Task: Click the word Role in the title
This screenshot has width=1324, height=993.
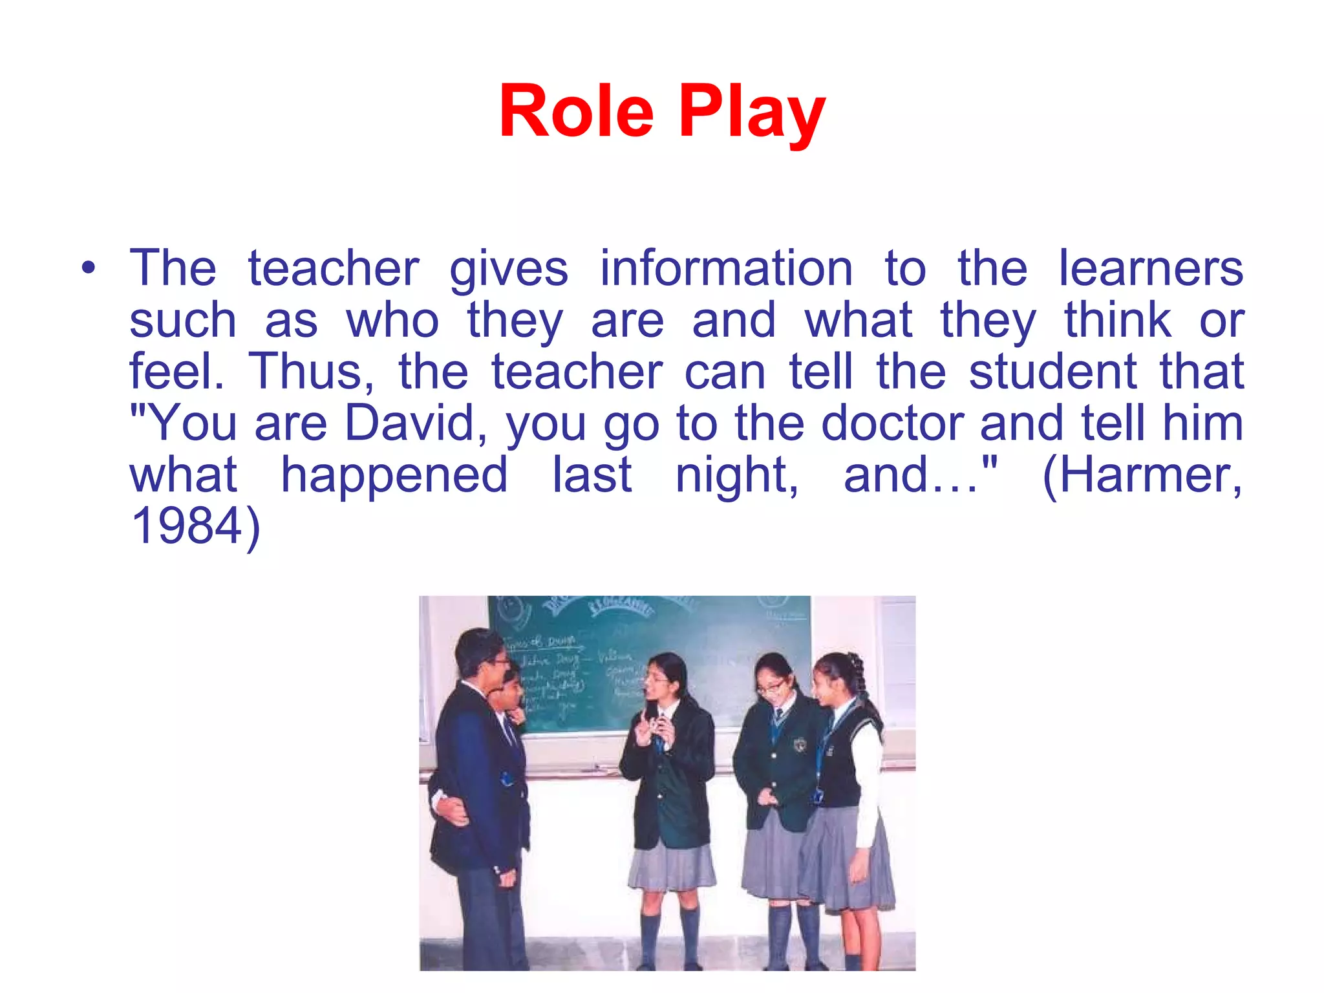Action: [x=576, y=112]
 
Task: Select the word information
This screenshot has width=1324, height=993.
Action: [x=726, y=268]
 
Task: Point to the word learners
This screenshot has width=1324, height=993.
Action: [x=1151, y=268]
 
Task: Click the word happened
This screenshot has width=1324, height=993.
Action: [x=394, y=476]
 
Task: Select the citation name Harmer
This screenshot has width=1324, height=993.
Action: [x=1142, y=476]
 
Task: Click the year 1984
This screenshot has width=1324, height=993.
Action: [x=187, y=526]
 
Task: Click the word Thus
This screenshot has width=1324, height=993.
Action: [x=310, y=372]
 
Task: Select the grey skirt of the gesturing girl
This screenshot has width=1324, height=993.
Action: [x=671, y=866]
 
